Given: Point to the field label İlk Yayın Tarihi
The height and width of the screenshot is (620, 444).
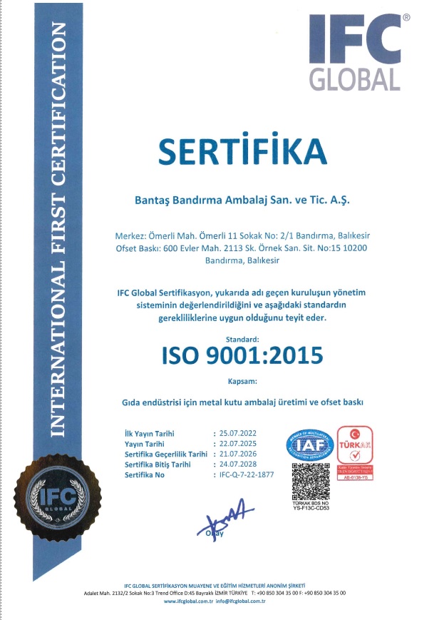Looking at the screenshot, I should pyautogui.click(x=150, y=433).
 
